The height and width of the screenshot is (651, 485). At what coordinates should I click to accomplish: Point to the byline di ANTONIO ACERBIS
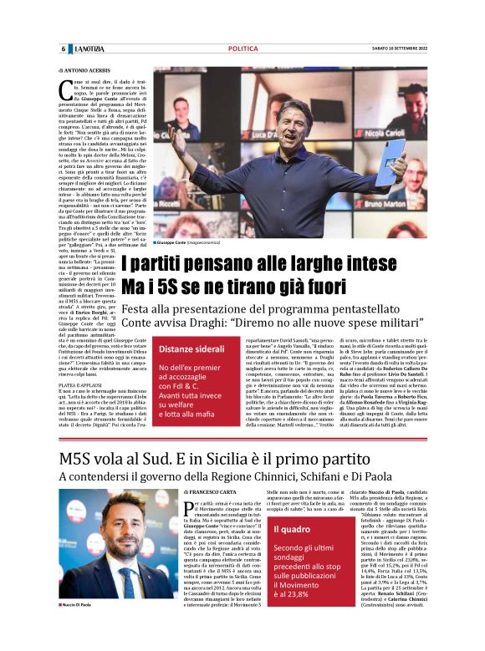[x=84, y=70]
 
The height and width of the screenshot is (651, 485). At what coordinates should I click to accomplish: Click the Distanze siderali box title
[x=191, y=348]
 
